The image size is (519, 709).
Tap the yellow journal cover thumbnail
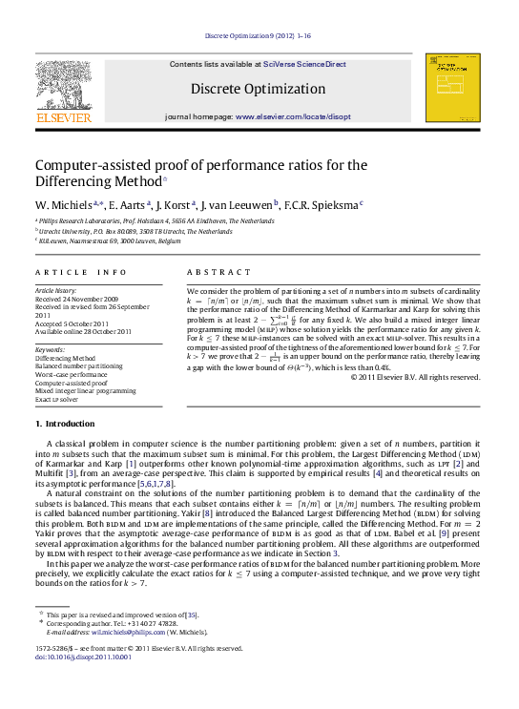click(x=452, y=87)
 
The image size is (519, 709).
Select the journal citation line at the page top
click(x=258, y=36)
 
